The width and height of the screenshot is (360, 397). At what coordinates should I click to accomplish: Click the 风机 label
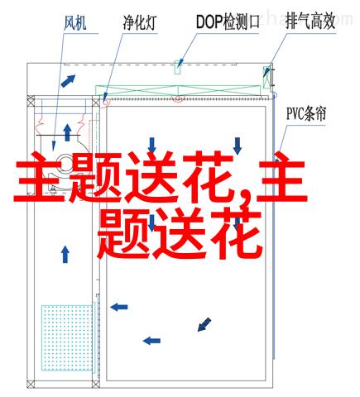75,23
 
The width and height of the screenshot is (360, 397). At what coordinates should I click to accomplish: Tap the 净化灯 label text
140,22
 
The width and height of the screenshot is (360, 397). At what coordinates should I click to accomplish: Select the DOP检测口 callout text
228,22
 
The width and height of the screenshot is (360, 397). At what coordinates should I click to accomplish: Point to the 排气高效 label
310,22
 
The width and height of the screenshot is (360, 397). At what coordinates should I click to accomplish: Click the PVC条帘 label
306,113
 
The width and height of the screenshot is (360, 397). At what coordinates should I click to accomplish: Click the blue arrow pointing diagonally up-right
68,81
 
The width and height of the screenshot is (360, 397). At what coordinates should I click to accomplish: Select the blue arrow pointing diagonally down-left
204,324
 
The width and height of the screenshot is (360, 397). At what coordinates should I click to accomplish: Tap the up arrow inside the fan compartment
67,132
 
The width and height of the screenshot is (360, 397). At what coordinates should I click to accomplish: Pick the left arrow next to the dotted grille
119,307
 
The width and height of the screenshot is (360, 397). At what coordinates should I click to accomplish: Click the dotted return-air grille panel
67,337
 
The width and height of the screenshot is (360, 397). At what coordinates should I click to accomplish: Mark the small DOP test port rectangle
178,67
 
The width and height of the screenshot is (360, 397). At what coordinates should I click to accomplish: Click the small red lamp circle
105,102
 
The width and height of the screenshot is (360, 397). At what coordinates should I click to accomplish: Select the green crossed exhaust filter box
266,77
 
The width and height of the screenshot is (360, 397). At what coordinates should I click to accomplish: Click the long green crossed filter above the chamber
178,91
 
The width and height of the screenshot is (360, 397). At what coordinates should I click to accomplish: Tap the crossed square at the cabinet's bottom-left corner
31,384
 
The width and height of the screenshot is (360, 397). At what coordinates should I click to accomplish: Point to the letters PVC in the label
295,114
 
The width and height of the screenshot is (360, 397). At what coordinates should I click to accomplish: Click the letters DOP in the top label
209,22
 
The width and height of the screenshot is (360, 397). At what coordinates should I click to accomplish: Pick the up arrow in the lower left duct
65,254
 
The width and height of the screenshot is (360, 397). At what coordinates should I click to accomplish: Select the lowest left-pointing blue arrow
151,341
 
